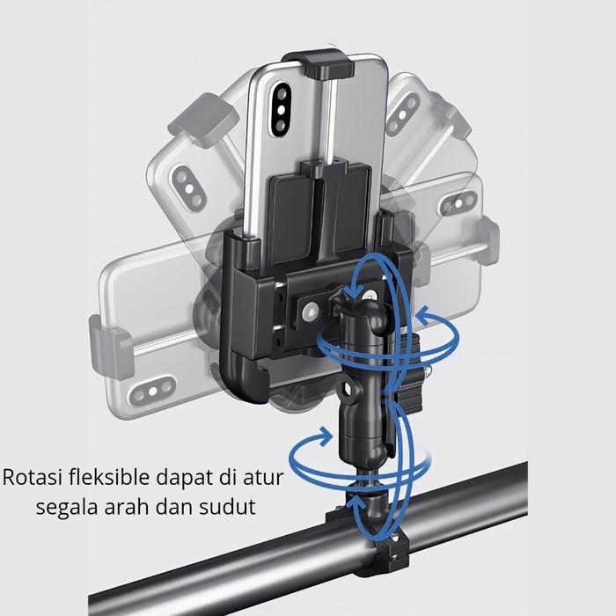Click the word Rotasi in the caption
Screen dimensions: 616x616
(x=33, y=477)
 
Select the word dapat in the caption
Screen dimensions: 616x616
(x=184, y=479)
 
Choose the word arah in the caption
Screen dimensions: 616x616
(x=127, y=506)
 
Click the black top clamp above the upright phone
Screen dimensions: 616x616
(x=324, y=63)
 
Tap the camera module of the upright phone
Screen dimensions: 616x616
(x=281, y=109)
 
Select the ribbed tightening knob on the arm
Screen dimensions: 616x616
(x=407, y=371)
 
